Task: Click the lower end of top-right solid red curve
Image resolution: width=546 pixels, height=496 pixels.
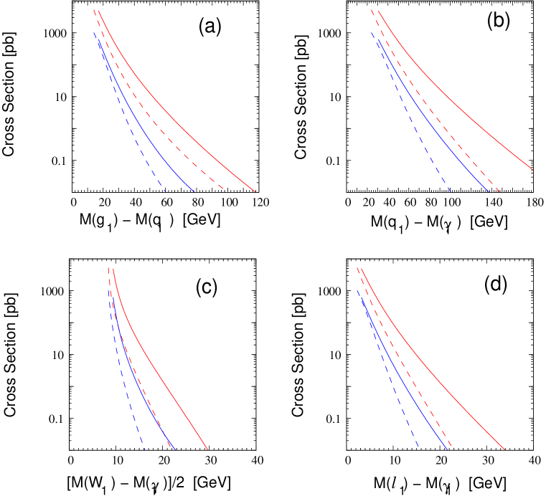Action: pos(533,170)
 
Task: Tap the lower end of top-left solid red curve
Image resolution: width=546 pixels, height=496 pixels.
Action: pos(255,192)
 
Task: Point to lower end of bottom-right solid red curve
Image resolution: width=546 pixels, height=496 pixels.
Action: pos(504,450)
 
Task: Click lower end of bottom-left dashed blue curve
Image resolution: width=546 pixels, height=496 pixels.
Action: pos(145,449)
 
